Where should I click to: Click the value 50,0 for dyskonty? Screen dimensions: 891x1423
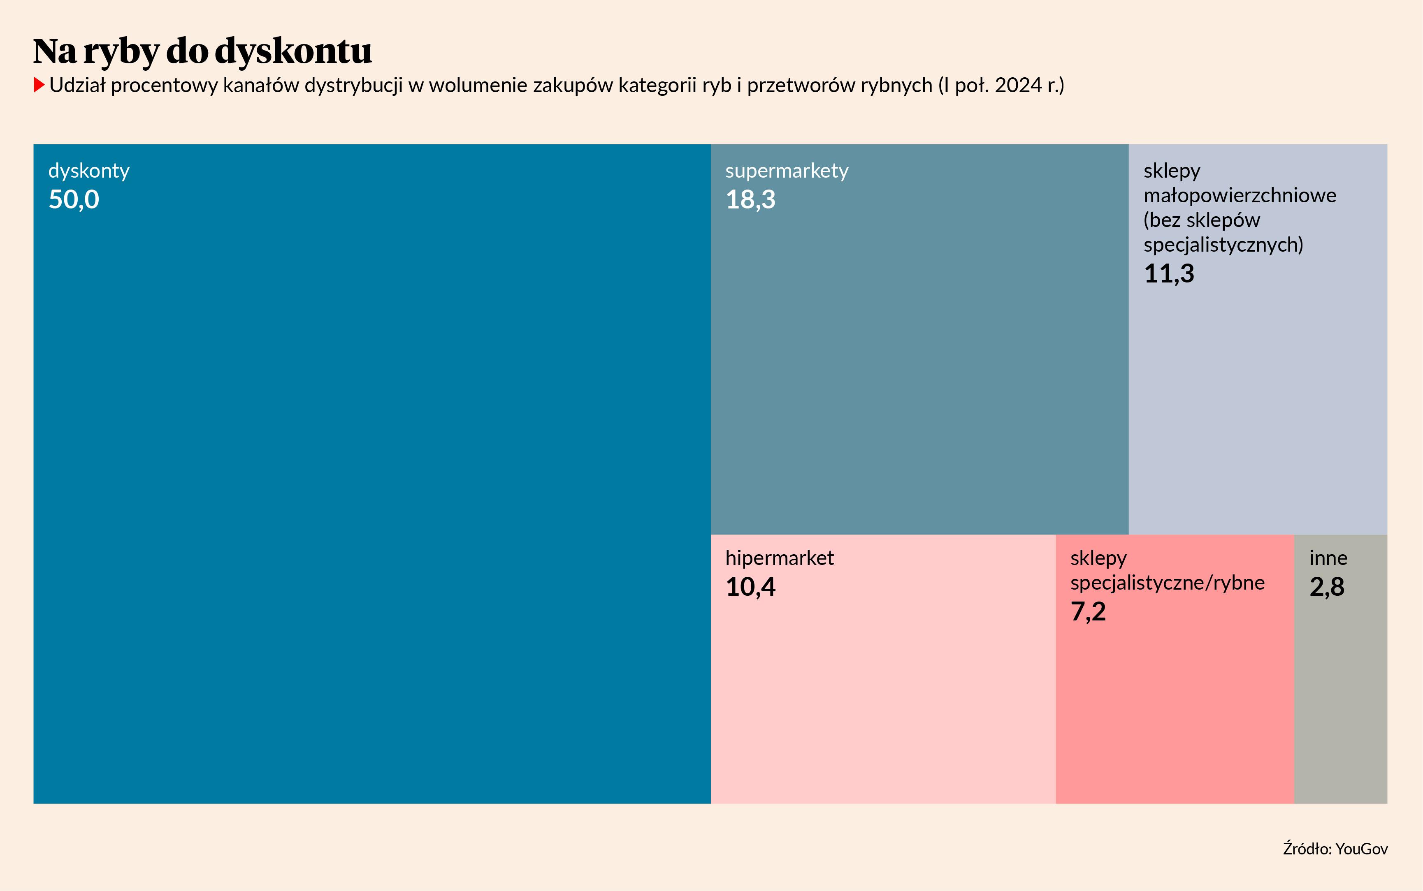click(74, 200)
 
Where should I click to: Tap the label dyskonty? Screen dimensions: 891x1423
click(88, 171)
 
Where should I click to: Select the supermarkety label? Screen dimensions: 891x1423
click(786, 171)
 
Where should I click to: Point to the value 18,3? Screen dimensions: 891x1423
click(750, 200)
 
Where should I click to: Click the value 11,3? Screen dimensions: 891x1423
click(1168, 273)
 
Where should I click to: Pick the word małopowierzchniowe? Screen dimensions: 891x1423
click(1240, 195)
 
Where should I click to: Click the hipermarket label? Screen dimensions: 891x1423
click(779, 558)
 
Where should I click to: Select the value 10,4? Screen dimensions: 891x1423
click(750, 587)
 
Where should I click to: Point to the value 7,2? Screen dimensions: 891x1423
click(1088, 612)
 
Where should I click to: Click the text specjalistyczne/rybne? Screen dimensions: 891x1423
click(1167, 583)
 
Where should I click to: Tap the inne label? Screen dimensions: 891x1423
click(1328, 558)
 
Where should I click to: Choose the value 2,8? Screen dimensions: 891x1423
click(1327, 587)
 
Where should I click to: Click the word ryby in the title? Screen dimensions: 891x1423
click(121, 52)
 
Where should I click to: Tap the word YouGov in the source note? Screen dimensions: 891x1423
click(1361, 849)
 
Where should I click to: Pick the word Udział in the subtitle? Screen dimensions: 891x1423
click(77, 86)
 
